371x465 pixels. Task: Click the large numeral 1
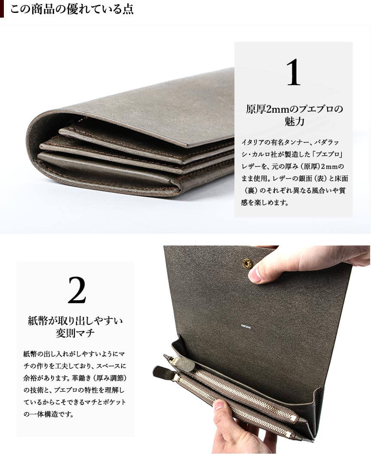[293, 72]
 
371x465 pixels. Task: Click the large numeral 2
[77, 290]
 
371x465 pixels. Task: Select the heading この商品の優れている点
[72, 9]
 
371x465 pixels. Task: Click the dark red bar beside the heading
[2, 9]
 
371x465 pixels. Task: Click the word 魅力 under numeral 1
[294, 122]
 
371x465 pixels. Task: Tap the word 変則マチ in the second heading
[75, 333]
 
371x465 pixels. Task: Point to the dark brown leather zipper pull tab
[163, 372]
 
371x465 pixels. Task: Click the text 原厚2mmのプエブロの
[294, 109]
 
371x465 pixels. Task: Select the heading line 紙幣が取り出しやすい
[75, 320]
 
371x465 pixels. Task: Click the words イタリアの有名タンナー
[271, 142]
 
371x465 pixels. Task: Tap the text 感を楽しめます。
[265, 203]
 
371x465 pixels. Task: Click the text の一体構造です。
[49, 414]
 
